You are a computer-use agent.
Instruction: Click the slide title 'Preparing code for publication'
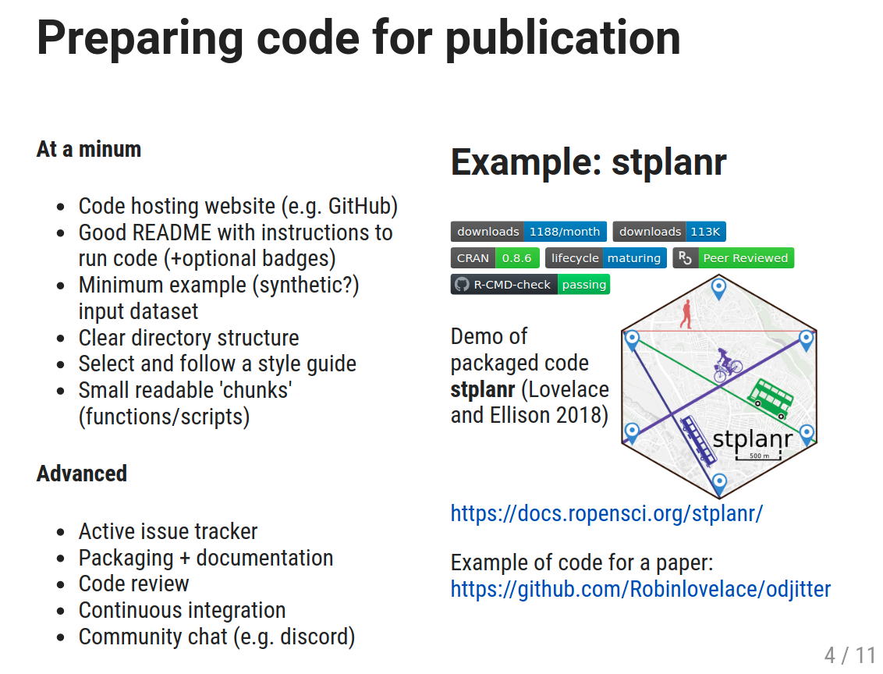(358, 37)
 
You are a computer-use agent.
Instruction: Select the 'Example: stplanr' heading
(588, 162)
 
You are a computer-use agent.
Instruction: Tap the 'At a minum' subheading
(89, 149)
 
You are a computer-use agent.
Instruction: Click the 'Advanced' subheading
(82, 474)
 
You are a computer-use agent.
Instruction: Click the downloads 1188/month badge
(528, 232)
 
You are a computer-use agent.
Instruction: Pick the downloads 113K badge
(669, 232)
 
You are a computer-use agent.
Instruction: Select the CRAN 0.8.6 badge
(495, 258)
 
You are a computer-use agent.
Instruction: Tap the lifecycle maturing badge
(606, 258)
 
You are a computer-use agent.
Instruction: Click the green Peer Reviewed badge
(733, 258)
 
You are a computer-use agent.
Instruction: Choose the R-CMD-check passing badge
(530, 285)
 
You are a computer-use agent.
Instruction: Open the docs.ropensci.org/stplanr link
(606, 513)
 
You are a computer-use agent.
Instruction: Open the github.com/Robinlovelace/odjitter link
(640, 588)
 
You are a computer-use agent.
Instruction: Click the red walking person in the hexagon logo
(686, 314)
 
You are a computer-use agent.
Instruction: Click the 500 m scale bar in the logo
(758, 453)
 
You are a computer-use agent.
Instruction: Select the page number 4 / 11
(850, 654)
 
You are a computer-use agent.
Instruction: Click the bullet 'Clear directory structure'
(189, 338)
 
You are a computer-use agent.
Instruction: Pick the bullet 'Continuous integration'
(182, 610)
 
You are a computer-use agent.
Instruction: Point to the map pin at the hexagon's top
(718, 289)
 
